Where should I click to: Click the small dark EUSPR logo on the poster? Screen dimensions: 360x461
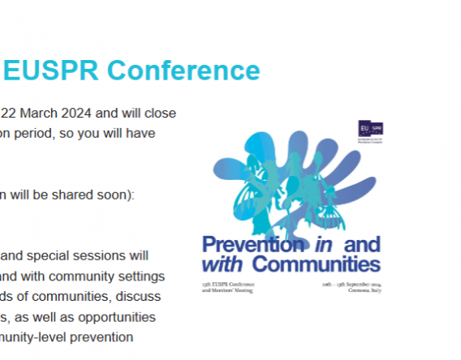tap(370, 129)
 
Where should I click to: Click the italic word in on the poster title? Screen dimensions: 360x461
tap(318, 244)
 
